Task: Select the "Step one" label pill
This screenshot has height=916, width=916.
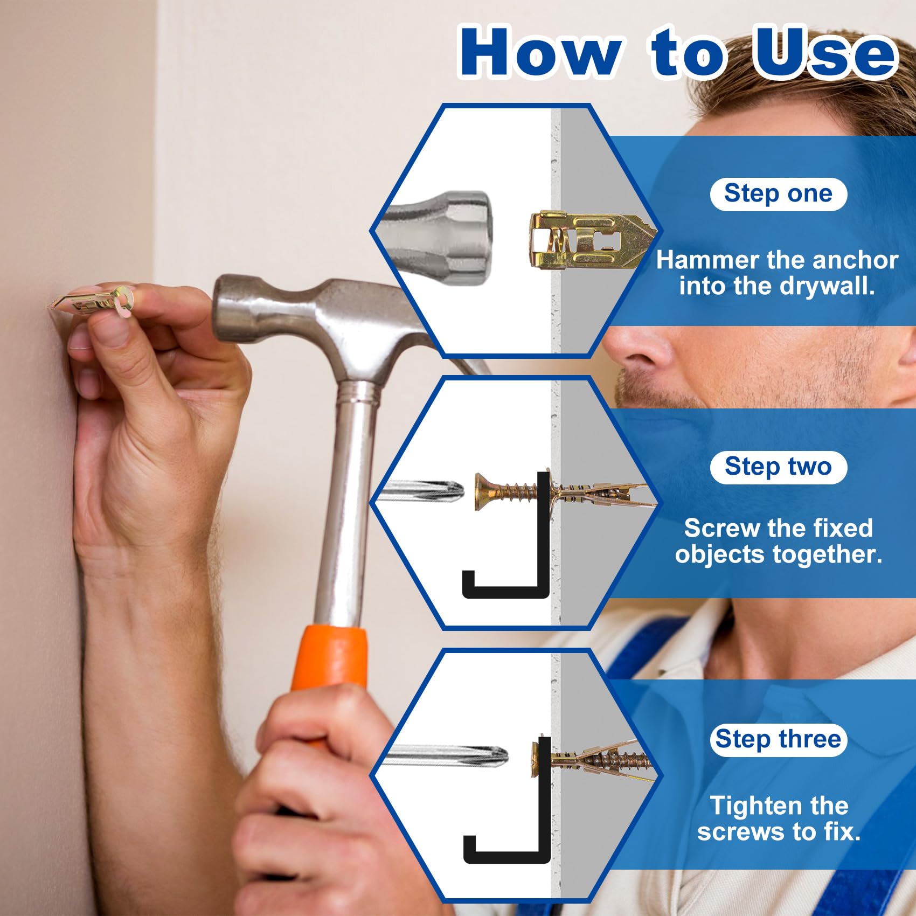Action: (778, 193)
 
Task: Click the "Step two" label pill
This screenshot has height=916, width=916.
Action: (778, 467)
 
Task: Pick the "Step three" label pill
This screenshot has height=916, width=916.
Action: (778, 739)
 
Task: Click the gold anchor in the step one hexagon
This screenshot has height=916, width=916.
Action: (590, 240)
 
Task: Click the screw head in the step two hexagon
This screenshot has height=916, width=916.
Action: (483, 491)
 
